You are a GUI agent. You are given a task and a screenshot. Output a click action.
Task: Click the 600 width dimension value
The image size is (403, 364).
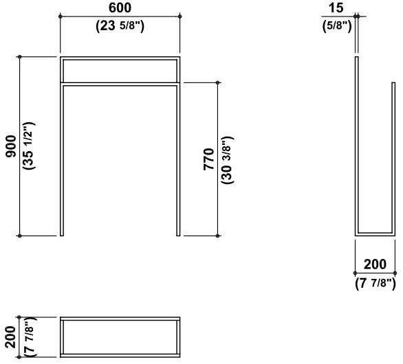(120, 8)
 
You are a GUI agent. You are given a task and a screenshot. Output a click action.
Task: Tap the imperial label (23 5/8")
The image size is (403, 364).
(120, 26)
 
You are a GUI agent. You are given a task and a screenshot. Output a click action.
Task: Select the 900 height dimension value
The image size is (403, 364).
(11, 146)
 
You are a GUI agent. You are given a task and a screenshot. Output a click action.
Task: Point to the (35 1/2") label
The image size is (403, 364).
(29, 146)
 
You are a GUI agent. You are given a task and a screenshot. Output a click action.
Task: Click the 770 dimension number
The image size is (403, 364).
(208, 159)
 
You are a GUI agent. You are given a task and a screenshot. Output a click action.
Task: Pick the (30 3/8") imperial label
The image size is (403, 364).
(227, 160)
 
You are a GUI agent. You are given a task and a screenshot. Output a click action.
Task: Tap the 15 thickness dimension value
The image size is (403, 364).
(336, 8)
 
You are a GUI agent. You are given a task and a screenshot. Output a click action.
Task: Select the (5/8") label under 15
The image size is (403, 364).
(337, 26)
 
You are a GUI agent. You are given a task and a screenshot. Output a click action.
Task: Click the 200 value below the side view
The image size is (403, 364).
(375, 264)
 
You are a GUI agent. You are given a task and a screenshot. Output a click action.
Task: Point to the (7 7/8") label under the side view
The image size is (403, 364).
(375, 284)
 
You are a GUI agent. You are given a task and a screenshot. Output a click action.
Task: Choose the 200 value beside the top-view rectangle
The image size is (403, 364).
(11, 337)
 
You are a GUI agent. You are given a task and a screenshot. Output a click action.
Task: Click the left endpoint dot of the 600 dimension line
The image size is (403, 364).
(61, 16)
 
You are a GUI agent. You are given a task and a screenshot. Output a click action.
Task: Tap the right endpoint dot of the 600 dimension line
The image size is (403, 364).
(180, 16)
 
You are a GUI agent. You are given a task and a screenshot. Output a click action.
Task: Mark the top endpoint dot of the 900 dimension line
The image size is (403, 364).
(20, 57)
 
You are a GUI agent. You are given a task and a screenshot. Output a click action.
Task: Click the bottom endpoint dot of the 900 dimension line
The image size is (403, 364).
(20, 236)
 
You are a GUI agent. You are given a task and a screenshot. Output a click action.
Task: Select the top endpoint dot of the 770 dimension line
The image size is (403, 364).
(218, 82)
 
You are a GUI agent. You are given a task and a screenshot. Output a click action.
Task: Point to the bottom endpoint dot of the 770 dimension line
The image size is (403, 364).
(218, 236)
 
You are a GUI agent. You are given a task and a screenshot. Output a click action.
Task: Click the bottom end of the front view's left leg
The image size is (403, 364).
(62, 236)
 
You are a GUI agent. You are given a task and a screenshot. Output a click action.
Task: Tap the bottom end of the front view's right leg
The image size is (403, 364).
(178, 236)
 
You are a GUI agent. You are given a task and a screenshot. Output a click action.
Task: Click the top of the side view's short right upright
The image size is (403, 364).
(393, 82)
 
